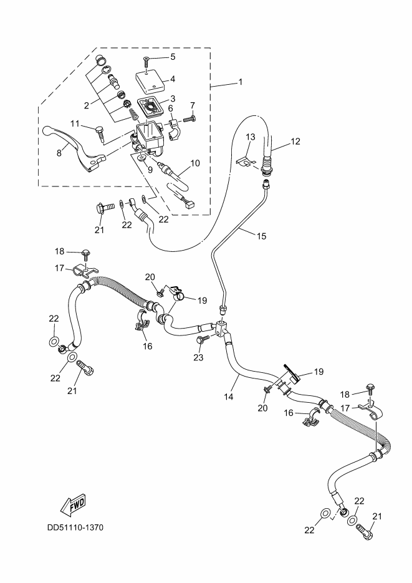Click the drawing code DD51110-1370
click(75, 528)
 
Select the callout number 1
click(240, 82)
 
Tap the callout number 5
click(172, 56)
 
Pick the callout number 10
click(194, 163)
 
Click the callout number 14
click(228, 395)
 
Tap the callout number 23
click(198, 358)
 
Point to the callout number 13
click(250, 137)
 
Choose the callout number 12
click(295, 141)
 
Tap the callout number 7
click(193, 105)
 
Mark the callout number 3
click(172, 98)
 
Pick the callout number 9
click(149, 169)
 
